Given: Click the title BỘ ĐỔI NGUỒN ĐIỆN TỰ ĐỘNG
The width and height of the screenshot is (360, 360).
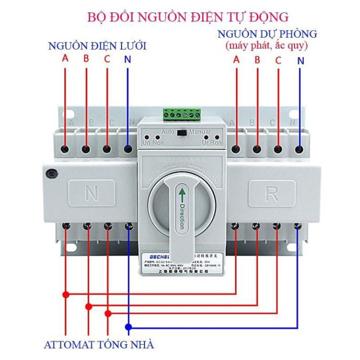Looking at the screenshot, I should tap(188, 17).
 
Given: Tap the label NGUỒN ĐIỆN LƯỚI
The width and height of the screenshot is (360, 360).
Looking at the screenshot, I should tap(96, 46).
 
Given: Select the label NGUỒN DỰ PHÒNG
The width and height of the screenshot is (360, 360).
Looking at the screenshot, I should tap(267, 34).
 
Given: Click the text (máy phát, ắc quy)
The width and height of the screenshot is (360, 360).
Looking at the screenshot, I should tap(267, 46).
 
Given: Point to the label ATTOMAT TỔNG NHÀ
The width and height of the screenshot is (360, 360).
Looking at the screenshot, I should tap(99, 344).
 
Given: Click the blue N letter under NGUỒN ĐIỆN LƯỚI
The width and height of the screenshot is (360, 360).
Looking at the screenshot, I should tap(127, 59).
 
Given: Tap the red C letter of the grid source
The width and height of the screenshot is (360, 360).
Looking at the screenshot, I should tap(107, 59).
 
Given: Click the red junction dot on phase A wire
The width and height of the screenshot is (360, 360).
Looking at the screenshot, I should tap(66, 295).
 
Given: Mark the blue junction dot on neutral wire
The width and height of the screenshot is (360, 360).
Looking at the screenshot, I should tap(128, 327).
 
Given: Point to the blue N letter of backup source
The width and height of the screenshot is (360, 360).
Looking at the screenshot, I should tap(300, 61).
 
